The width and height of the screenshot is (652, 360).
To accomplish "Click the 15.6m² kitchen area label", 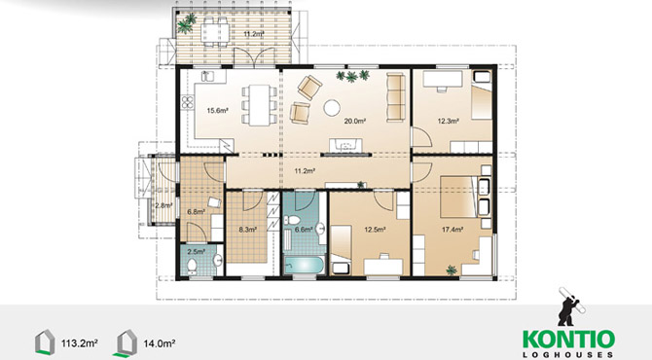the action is click(x=217, y=111).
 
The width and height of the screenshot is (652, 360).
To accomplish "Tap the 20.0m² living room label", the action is click(x=354, y=121).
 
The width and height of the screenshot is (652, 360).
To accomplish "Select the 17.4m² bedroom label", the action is click(x=453, y=229).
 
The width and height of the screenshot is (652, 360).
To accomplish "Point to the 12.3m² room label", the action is click(x=448, y=121).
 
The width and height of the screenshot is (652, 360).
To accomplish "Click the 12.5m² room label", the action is click(x=375, y=229).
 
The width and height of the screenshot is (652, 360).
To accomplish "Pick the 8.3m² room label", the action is click(x=247, y=229).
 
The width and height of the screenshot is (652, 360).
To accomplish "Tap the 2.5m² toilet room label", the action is click(x=197, y=251).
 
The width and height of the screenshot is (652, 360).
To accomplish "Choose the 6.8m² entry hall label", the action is click(x=197, y=211).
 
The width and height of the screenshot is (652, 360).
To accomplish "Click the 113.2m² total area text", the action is click(x=80, y=343).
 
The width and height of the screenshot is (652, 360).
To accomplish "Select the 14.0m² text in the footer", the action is click(x=160, y=343).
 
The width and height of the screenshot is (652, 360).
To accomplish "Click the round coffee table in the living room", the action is click(x=332, y=108).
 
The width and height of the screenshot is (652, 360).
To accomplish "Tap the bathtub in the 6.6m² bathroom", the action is click(x=305, y=266).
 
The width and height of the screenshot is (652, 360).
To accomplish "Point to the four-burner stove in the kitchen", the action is click(x=188, y=102).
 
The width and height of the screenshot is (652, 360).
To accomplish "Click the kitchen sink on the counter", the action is click(x=207, y=76).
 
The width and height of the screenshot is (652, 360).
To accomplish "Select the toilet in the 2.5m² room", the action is click(x=192, y=266).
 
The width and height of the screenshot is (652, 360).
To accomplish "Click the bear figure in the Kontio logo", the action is click(x=570, y=306).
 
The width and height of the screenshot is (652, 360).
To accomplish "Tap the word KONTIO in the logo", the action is click(x=568, y=340).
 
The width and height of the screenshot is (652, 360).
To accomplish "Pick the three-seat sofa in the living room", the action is click(x=395, y=97).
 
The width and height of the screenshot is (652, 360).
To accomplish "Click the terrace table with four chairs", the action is click(x=214, y=30).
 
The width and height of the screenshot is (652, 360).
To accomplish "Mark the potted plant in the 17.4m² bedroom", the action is click(x=452, y=270).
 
